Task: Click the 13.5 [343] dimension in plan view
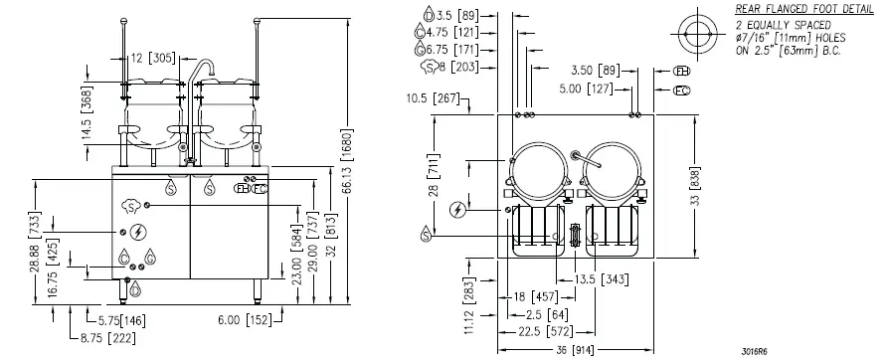point(601,279)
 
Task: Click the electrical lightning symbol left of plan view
point(456,209)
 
